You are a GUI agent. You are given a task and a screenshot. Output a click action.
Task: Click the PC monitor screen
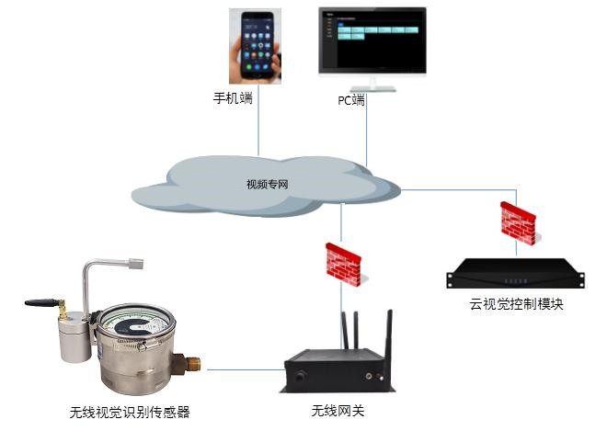click(372, 40)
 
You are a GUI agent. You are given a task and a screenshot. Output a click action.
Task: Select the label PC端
click(350, 100)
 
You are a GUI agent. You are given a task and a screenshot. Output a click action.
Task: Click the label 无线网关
click(338, 411)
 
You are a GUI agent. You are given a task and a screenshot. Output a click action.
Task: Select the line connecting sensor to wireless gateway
click(243, 370)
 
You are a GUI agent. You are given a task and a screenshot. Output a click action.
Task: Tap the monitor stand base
click(372, 88)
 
